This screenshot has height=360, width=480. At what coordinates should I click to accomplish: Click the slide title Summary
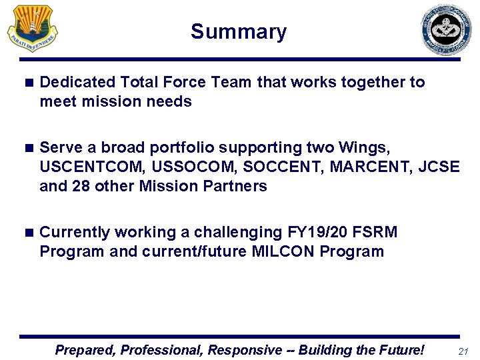[x=239, y=32]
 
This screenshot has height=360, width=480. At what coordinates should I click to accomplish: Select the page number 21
[x=464, y=351]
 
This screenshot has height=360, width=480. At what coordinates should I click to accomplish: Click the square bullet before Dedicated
[x=27, y=83]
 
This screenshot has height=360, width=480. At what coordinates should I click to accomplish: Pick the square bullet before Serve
[x=27, y=147]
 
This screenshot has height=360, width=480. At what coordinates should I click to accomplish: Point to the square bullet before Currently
[x=27, y=233]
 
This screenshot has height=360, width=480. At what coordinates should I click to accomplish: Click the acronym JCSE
[x=439, y=167]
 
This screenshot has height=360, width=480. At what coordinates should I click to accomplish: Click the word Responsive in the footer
[x=245, y=350]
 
